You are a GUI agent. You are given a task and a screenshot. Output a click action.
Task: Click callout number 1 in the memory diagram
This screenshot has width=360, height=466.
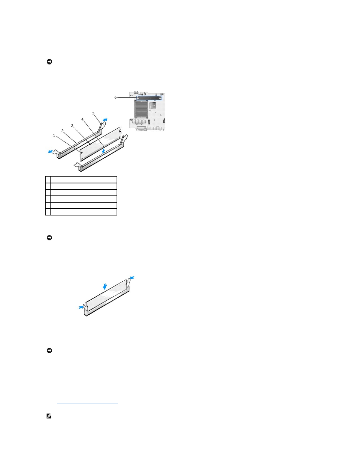(54, 136)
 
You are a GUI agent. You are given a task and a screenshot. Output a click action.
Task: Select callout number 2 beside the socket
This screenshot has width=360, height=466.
(62, 131)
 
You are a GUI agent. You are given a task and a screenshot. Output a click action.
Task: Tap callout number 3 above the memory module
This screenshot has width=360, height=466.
(72, 125)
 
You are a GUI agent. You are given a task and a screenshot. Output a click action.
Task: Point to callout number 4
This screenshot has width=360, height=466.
(82, 120)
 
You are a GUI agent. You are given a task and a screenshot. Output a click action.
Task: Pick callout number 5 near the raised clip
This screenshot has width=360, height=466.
(93, 113)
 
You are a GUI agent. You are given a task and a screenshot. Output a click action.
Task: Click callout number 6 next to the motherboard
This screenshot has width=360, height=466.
(115, 97)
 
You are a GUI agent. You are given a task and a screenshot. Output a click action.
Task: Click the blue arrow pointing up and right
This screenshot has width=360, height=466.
(105, 120)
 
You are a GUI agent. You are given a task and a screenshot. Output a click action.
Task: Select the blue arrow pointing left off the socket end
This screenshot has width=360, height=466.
(51, 152)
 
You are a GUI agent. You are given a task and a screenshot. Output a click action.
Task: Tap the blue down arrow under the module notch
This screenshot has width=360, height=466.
(103, 151)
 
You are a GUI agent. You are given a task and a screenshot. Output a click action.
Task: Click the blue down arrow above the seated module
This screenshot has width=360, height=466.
(105, 286)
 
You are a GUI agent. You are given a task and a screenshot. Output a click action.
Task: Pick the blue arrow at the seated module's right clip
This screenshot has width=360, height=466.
(132, 278)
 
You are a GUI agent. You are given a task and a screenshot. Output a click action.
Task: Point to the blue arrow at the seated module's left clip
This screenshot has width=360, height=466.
(81, 307)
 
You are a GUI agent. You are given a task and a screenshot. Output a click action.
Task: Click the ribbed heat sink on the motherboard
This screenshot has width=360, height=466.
(141, 109)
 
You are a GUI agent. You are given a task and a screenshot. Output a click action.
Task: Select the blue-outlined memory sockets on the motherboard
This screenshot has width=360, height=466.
(149, 98)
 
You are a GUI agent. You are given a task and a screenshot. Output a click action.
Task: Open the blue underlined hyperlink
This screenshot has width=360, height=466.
(87, 403)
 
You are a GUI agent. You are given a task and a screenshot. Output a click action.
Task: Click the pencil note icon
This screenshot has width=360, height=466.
(49, 416)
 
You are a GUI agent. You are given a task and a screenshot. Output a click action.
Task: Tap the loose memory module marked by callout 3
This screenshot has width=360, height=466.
(100, 144)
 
